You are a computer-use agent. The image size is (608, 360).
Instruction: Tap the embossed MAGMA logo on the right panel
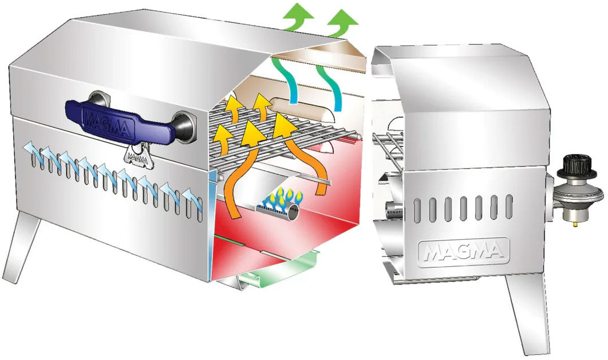pos(464,250)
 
